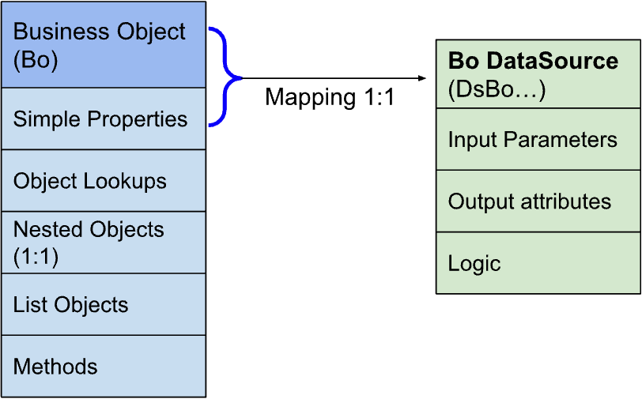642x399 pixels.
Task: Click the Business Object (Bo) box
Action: tap(104, 45)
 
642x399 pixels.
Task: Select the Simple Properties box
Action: tap(104, 119)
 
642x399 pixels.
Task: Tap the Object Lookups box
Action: tap(104, 181)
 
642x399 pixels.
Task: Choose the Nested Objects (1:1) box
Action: tap(104, 243)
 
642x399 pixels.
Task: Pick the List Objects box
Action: tap(104, 305)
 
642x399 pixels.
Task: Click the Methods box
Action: tap(104, 367)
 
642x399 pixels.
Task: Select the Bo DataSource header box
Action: tap(538, 74)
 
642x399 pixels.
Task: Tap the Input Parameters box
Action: tap(538, 140)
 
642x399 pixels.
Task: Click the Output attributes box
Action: tap(538, 201)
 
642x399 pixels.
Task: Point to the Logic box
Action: tap(538, 263)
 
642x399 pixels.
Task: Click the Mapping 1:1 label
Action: tap(329, 97)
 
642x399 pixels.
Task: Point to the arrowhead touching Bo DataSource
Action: tap(422, 78)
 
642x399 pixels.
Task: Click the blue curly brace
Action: tap(225, 77)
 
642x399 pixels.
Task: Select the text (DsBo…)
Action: tap(497, 90)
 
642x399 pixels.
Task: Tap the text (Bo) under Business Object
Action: tap(36, 58)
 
